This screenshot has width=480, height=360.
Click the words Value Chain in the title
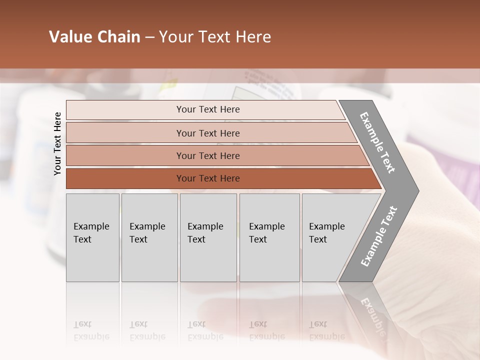coord(94,37)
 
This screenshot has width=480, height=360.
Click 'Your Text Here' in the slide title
coord(215,37)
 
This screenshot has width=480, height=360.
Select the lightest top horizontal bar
coord(125,110)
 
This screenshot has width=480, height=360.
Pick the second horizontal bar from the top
coord(125,133)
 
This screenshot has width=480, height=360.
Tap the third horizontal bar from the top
coord(125,155)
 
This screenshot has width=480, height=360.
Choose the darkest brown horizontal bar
coord(125,178)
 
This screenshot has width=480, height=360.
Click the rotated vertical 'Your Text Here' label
coord(57,143)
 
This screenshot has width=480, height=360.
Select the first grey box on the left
coord(92,237)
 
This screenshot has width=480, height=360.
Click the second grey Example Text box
coord(149,237)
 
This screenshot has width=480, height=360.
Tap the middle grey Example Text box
coord(208,237)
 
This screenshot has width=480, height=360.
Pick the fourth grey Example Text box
coord(269,237)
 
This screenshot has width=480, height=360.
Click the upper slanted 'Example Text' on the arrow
coord(377,142)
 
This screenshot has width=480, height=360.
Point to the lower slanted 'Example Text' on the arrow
coord(378,236)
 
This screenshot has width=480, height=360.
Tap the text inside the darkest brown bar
coord(208,178)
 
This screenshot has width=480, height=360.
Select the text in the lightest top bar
coord(208,109)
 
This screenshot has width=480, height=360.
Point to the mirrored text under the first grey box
coord(91,330)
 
